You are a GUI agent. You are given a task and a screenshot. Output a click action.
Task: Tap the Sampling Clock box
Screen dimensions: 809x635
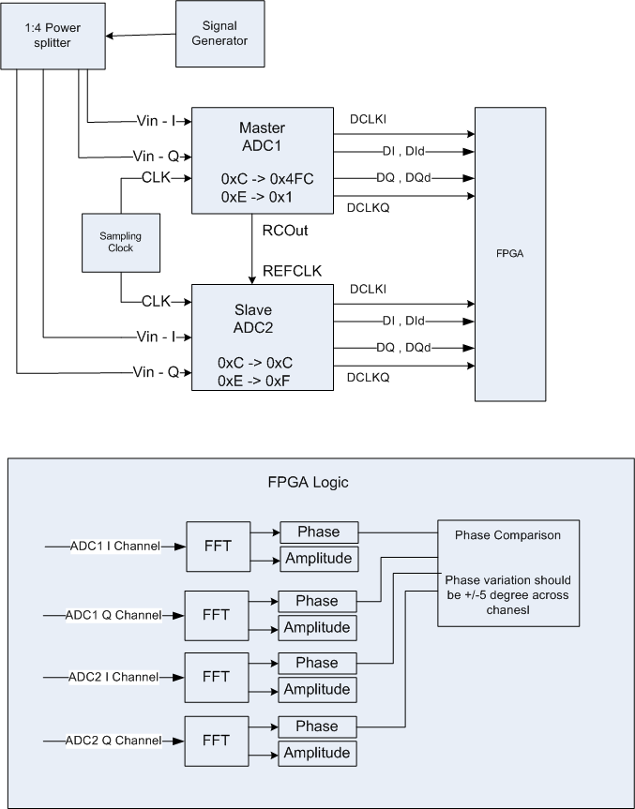click(120, 242)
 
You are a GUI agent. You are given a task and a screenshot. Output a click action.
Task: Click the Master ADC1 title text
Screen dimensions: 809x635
click(262, 136)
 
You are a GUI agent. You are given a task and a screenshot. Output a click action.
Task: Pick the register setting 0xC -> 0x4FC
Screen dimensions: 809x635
click(263, 177)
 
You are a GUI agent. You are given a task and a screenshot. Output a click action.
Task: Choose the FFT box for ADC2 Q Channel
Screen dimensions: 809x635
click(216, 741)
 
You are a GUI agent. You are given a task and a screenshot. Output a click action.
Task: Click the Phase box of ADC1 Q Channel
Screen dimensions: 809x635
click(317, 600)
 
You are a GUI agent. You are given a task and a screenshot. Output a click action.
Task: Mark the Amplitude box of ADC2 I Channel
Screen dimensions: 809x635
click(317, 689)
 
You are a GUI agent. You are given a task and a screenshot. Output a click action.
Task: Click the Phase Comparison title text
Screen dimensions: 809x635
click(507, 535)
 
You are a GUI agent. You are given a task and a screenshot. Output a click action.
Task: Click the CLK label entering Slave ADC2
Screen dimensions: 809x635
click(155, 301)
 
